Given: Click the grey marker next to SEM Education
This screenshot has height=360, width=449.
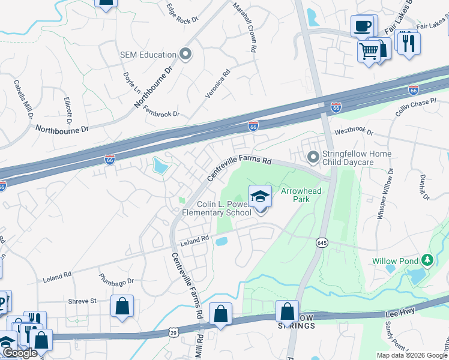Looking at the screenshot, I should pos(185,55).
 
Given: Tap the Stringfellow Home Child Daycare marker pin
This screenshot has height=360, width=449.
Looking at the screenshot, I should pos(313,158).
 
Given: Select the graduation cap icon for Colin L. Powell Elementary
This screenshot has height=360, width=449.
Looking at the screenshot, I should pos(260,196).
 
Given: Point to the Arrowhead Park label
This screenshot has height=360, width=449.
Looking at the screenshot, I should pos(301,195).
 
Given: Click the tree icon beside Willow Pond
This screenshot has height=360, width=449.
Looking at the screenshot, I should pos(427,260).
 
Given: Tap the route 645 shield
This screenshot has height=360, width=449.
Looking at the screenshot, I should pos(322,242).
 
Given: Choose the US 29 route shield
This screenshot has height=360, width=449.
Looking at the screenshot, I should pos(173,332).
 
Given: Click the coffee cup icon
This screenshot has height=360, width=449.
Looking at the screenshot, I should pos(363,26).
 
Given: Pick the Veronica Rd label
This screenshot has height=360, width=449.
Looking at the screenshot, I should pos(217,84).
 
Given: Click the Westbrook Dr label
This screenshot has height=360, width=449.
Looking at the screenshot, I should pos(354,131).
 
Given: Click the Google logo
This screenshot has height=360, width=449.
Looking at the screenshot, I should pos(20,353).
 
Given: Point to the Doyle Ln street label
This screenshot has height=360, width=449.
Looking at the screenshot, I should pos(131,83).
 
